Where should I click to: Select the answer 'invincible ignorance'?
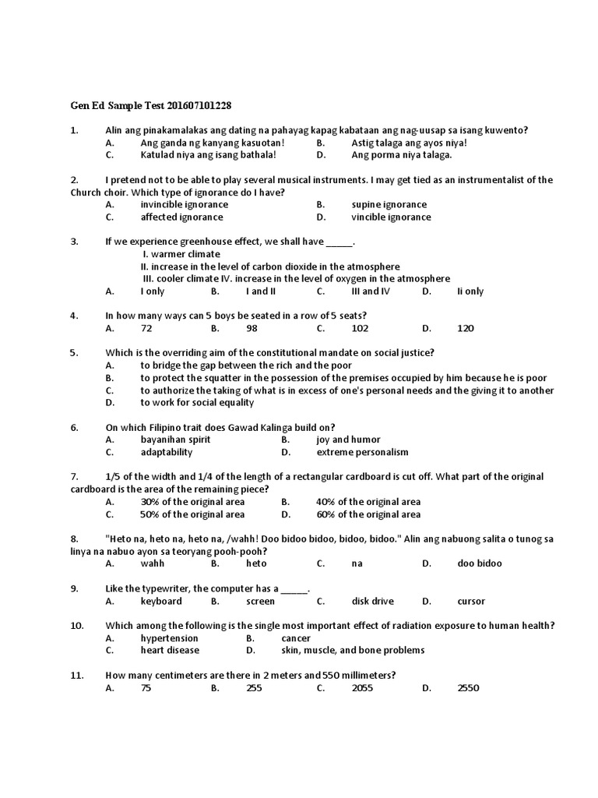click(x=184, y=205)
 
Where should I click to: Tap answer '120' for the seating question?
click(x=466, y=329)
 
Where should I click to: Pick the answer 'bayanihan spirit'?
click(x=175, y=440)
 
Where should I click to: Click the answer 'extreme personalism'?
click(x=362, y=452)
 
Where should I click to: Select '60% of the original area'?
click(x=368, y=514)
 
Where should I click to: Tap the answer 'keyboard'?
click(x=161, y=601)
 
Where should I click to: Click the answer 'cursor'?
click(x=471, y=601)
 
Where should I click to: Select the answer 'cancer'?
click(x=296, y=638)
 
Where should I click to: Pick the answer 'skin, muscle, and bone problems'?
click(x=371, y=651)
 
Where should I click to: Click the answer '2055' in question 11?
click(x=364, y=688)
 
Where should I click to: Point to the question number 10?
click(x=76, y=626)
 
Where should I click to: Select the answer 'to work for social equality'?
click(x=197, y=403)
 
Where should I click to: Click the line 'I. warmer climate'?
click(x=181, y=254)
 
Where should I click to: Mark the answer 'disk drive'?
click(x=373, y=601)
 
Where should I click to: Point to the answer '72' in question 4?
click(x=146, y=329)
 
